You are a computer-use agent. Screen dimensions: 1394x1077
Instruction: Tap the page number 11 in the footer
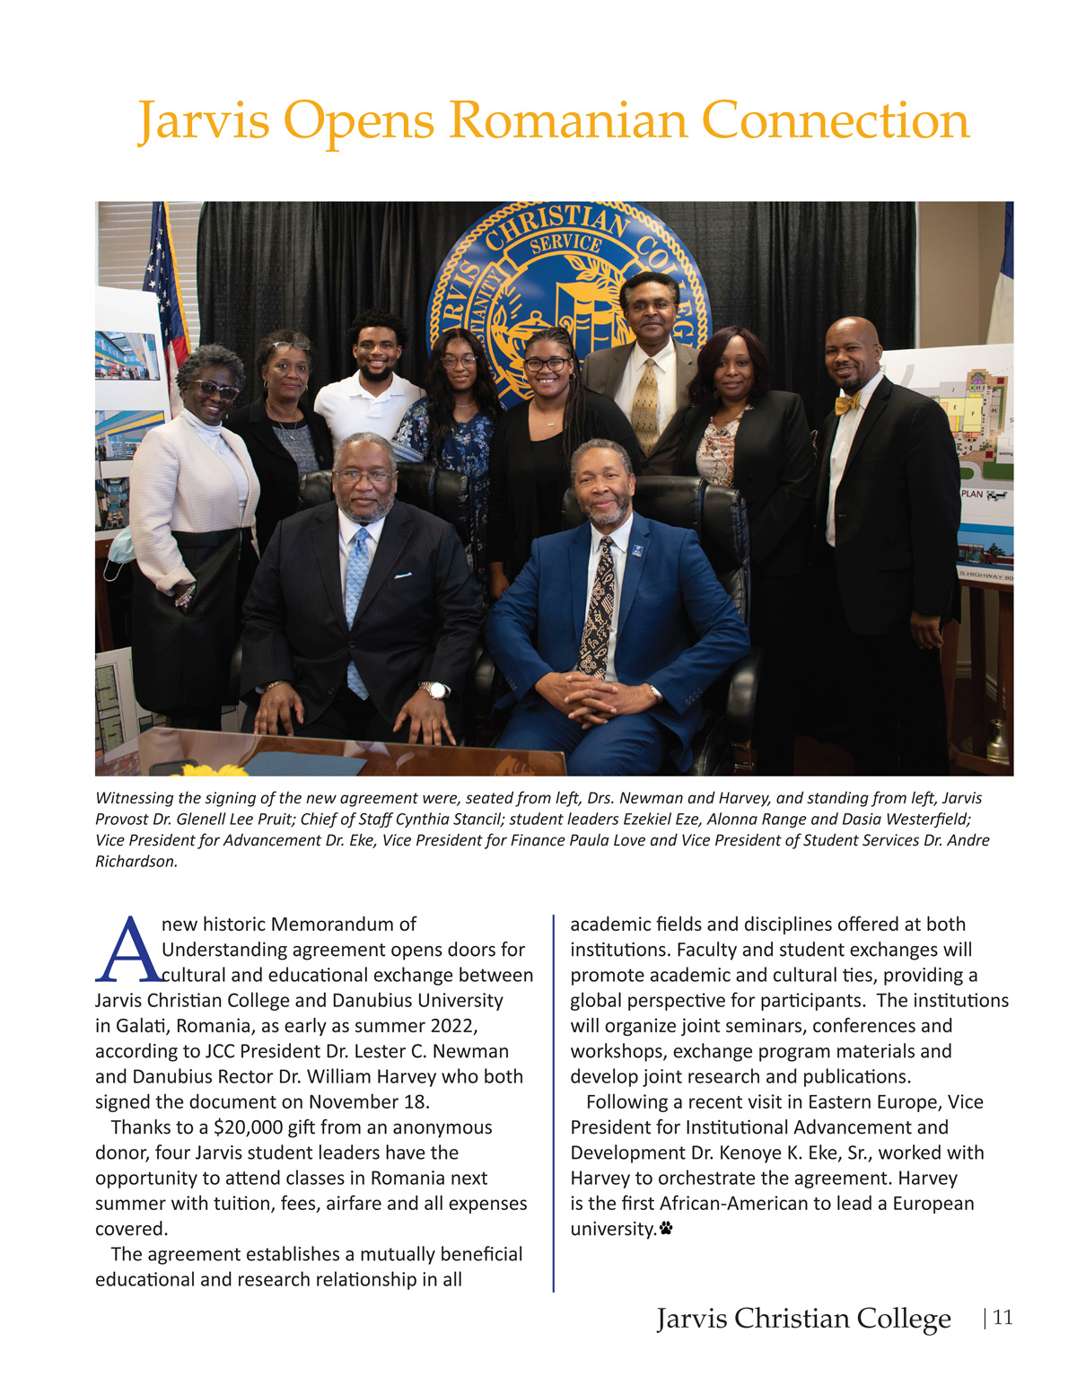click(x=1003, y=1318)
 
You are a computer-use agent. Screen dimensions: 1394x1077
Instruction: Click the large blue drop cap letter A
click(x=128, y=950)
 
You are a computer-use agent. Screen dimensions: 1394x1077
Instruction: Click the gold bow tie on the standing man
click(x=848, y=403)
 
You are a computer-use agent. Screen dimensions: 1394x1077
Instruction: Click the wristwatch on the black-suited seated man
click(x=437, y=690)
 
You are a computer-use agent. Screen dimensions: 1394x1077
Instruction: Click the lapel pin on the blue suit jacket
click(x=636, y=549)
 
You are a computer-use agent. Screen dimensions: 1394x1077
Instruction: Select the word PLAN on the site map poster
click(x=972, y=494)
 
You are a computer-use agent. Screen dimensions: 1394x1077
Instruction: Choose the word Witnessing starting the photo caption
click(x=136, y=798)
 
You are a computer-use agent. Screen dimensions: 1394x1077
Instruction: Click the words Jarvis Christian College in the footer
click(x=803, y=1319)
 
